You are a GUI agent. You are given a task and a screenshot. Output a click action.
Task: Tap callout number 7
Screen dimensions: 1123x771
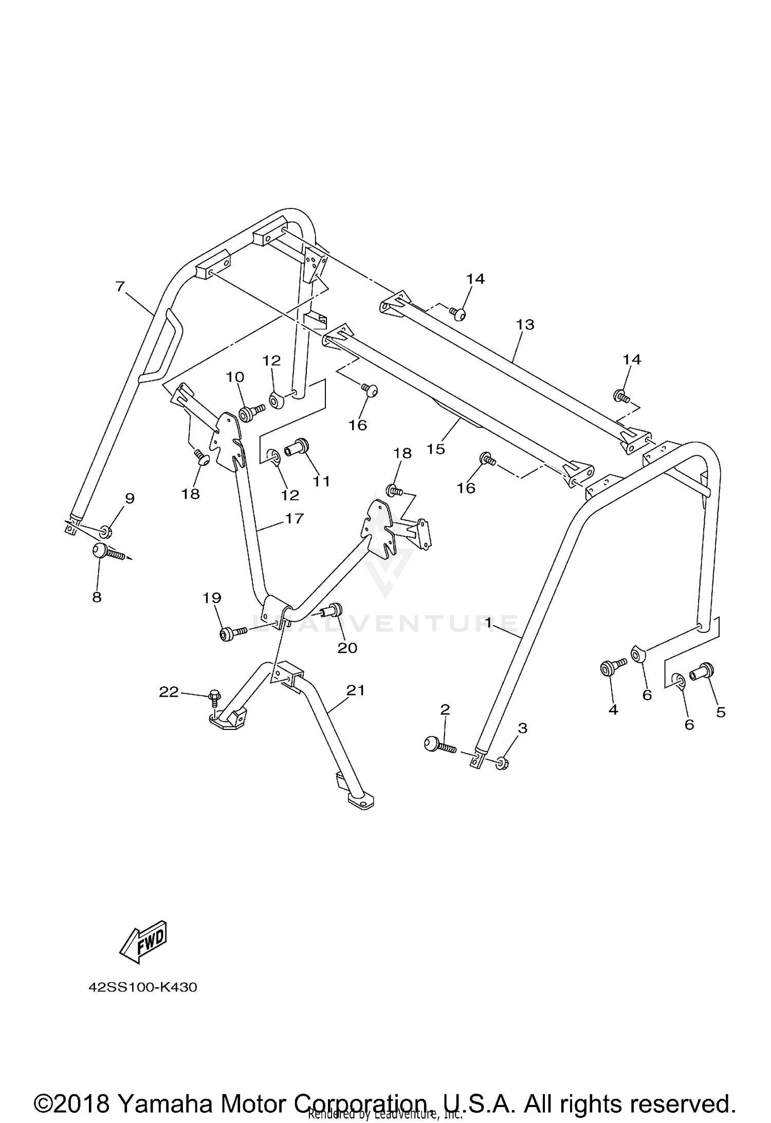click(120, 286)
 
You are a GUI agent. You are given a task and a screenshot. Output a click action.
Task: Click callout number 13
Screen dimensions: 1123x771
click(525, 324)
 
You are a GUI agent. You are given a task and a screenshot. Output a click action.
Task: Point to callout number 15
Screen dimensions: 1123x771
click(435, 448)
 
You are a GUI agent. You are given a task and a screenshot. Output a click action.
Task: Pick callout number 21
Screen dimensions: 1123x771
click(355, 690)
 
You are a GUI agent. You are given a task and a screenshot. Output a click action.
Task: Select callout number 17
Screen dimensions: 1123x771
click(295, 518)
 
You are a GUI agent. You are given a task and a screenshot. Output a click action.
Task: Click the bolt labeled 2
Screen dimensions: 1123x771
click(437, 745)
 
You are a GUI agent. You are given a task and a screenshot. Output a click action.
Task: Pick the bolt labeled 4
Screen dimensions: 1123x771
click(611, 668)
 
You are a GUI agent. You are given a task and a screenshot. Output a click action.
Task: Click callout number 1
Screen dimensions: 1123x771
click(488, 623)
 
